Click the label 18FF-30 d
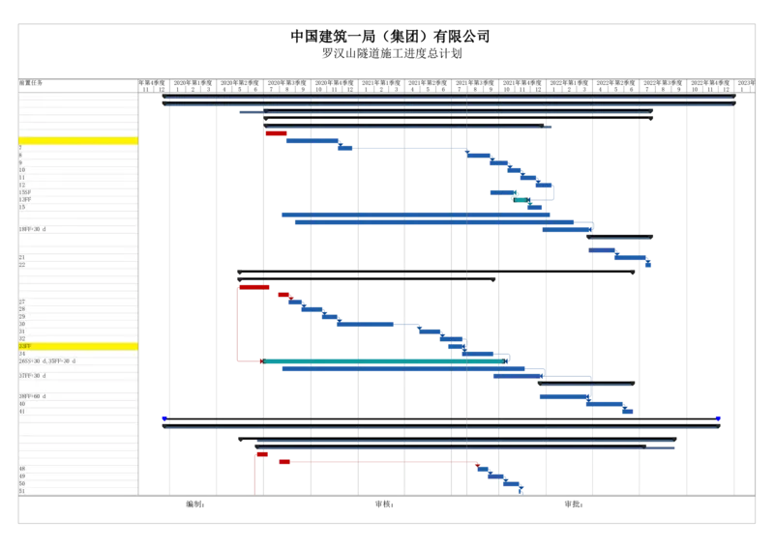coord(32,229)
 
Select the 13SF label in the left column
coord(24,192)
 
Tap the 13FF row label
coord(24,199)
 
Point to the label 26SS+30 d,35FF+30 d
coord(46,360)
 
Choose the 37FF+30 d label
coord(32,375)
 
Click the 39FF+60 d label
coord(32,396)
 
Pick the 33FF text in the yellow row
coord(24,346)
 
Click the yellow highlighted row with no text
coord(77,141)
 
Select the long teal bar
coord(382,361)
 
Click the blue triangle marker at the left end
coord(164,419)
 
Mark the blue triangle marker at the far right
coord(718,419)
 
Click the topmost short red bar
coord(276,133)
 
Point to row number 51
coord(21,491)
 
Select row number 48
coord(21,469)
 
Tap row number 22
coord(21,265)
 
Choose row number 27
coord(21,302)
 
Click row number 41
coord(21,411)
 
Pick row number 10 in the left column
coord(21,170)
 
